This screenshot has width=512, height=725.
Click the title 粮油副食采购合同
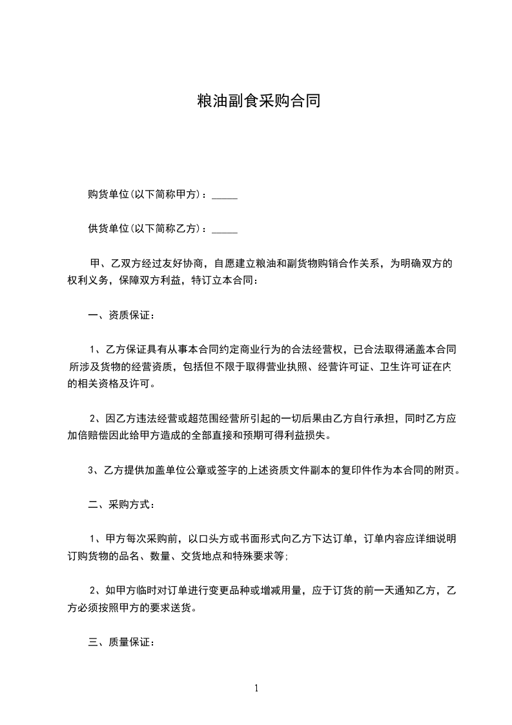coord(258,101)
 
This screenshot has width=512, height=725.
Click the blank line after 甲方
coord(225,194)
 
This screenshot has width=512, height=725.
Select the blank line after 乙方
coord(225,229)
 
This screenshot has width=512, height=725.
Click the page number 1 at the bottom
coord(256,688)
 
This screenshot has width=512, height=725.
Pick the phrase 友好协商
coord(184,264)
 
